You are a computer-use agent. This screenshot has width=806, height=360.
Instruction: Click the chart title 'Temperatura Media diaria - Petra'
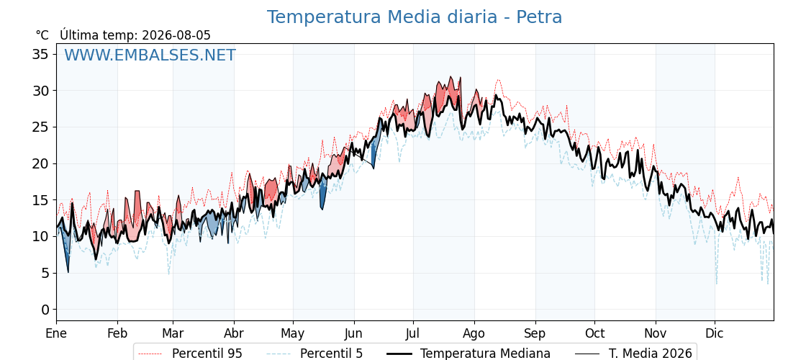pos(415,17)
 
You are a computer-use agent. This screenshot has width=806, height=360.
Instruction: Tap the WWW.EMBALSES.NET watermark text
pos(150,55)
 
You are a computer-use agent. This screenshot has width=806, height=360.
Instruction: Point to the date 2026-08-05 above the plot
pos(176,35)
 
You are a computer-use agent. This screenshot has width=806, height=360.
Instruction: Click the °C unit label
pos(42,35)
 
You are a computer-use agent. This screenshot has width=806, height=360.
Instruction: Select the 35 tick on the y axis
pos(41,54)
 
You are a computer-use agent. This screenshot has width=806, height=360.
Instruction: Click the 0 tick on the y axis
pos(46,309)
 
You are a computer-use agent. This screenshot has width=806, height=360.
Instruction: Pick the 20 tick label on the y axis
pos(41,163)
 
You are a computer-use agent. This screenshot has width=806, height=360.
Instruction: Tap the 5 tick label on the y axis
pos(46,273)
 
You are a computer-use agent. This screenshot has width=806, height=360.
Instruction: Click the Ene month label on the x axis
pos(56,333)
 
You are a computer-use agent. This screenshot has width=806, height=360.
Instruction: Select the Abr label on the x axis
pos(234,333)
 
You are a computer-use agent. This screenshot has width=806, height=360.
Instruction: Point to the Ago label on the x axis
pos(474,333)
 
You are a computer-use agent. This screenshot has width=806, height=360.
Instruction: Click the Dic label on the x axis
pos(715,333)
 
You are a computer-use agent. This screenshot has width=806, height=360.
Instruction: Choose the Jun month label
pos(353,333)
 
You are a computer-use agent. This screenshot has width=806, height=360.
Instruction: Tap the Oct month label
pos(594,333)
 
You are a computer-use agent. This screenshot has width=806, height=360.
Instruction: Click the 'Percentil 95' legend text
pos(207,354)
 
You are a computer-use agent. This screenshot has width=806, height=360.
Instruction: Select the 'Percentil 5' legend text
pos(332,354)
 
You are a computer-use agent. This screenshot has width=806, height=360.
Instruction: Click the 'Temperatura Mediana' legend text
pos(485,354)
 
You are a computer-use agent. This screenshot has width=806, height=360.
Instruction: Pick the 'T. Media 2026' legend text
pos(651,354)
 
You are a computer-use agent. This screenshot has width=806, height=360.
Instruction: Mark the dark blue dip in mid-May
pos(323,194)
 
